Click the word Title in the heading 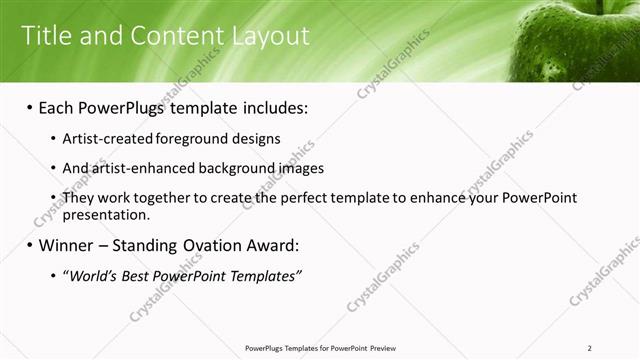pyautogui.click(x=45, y=36)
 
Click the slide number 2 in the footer pyautogui.click(x=591, y=348)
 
